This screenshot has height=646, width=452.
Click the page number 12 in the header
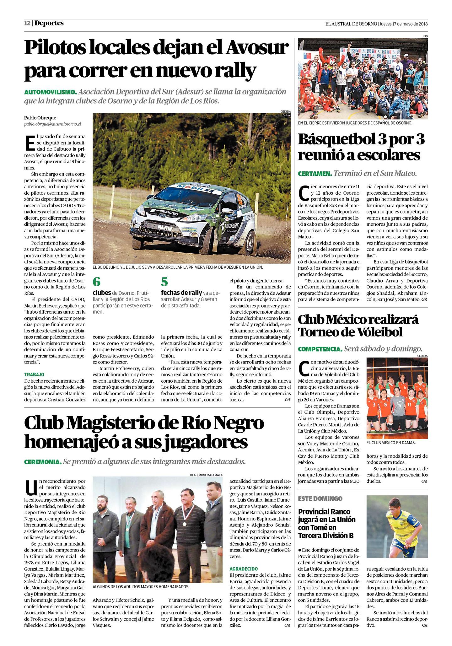(x=27, y=23)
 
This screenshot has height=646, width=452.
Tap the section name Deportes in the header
(x=49, y=23)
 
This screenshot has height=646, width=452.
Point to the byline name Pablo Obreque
(x=40, y=118)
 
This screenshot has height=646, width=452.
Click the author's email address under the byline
(x=52, y=124)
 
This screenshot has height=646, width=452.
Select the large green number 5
(x=164, y=282)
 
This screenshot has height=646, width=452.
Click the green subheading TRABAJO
(x=34, y=374)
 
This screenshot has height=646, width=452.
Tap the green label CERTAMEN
(x=315, y=173)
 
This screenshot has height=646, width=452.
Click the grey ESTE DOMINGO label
(x=320, y=498)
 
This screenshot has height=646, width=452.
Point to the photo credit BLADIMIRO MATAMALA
(x=206, y=475)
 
